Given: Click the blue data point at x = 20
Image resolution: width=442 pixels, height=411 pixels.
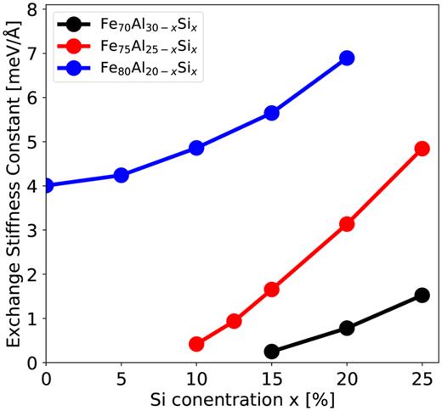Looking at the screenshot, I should pos(347,58).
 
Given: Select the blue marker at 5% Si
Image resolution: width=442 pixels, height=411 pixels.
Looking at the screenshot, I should pos(121,175).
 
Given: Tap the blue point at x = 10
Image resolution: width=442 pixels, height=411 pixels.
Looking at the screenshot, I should pos(196,148).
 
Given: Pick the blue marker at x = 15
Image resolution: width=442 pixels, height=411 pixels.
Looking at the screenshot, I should pos(272,113).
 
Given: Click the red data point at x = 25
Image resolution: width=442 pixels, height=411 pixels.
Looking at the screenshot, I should pos(422,149).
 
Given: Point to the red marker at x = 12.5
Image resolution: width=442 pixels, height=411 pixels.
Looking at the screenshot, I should pos(234,321).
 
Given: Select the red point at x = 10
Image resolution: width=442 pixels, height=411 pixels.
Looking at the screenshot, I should pos(196,344).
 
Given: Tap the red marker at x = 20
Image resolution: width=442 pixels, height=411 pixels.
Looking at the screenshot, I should pos(347,224).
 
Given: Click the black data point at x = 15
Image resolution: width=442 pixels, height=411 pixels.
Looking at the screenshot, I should pos(272,352).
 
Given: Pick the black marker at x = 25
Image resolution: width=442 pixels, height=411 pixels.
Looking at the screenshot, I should pos(422,295).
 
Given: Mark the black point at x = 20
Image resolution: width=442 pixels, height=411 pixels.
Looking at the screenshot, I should pos(347,328).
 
